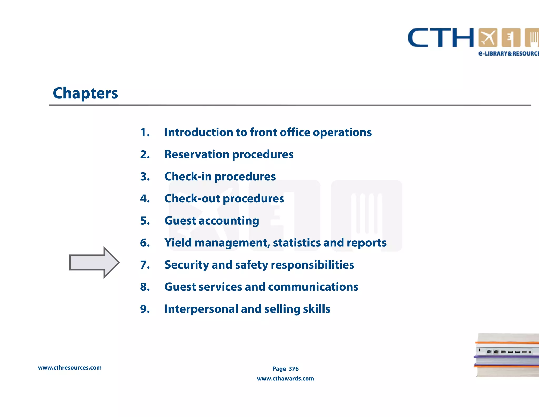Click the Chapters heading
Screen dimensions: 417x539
85,93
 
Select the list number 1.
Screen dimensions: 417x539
145,132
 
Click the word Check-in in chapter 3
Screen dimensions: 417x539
188,177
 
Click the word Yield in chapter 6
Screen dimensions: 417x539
178,243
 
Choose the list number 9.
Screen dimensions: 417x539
145,309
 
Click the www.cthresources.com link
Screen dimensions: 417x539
70,368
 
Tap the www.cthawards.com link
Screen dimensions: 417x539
285,379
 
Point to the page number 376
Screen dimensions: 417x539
293,369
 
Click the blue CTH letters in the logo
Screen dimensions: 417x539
441,38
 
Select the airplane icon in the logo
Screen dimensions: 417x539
488,38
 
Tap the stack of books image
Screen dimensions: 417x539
507,355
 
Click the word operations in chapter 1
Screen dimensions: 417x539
342,132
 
